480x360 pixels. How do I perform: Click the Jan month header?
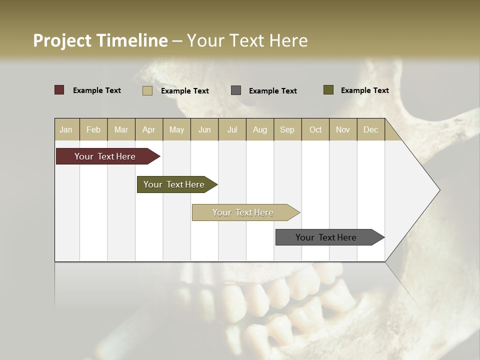66,130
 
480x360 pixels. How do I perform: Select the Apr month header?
149,130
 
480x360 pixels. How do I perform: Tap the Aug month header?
260,130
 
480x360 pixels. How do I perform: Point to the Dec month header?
371,130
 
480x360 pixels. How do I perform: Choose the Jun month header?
204,130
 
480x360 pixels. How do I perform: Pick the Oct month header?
315,130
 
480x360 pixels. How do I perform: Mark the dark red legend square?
59,90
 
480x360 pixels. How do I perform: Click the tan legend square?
147,90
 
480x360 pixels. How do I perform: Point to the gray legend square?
236,90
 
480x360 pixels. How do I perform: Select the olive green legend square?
328,90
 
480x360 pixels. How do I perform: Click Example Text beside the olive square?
364,90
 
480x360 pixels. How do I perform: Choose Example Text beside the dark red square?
96,90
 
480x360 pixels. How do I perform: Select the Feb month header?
93,130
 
